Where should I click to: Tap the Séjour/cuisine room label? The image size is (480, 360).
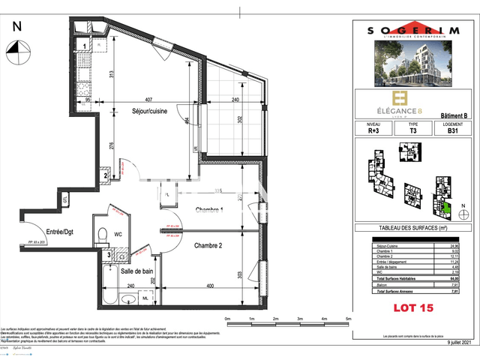(x=149, y=112)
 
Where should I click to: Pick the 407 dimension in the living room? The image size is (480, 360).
(x=148, y=100)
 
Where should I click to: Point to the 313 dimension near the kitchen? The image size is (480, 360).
(x=110, y=74)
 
